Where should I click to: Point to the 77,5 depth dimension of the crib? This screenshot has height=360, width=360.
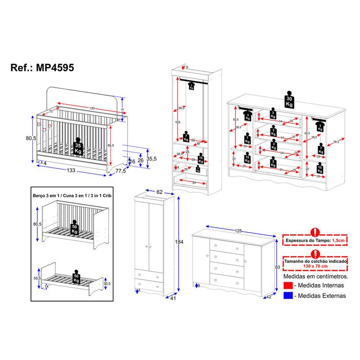point(120,171)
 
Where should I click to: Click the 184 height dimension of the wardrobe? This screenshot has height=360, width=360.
point(179,243)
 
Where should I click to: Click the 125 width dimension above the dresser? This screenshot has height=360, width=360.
point(238,231)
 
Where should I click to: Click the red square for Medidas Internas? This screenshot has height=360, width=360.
point(288,285)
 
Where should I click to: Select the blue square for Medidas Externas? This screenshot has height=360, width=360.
point(288,296)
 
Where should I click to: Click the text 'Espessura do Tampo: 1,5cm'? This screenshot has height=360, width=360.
point(315,241)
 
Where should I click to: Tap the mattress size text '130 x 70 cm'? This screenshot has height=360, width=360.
point(315,266)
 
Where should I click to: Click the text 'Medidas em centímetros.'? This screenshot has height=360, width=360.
point(315,275)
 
